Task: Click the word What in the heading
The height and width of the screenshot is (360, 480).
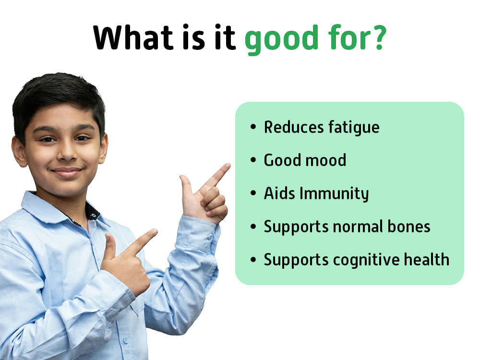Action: click(133, 37)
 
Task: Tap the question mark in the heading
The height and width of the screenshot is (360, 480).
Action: click(379, 37)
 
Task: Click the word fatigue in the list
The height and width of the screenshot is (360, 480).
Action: click(354, 128)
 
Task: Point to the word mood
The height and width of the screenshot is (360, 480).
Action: click(326, 160)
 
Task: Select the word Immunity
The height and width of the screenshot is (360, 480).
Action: click(334, 194)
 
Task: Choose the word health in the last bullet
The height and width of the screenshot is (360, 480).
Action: click(426, 259)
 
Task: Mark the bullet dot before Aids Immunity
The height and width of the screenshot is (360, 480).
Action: click(253, 193)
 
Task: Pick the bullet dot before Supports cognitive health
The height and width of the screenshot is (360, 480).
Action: click(253, 260)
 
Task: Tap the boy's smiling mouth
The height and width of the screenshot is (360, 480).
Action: click(67, 172)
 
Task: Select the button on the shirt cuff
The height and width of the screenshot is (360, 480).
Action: click(210, 238)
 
